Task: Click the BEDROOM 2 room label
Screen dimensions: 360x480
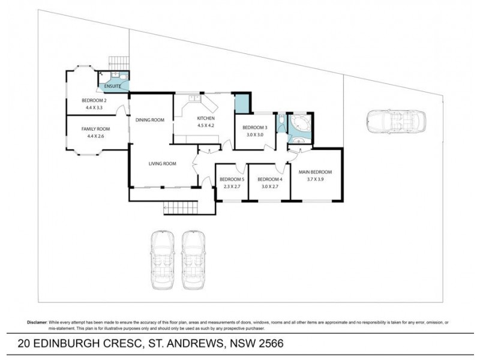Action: [x=94, y=100]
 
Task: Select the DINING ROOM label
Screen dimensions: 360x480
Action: [x=149, y=120]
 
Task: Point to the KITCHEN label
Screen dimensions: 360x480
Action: [x=206, y=118]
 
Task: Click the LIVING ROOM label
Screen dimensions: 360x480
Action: [x=162, y=163]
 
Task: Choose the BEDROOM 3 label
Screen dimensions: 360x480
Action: [x=254, y=127]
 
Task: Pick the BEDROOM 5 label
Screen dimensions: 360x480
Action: [x=232, y=179]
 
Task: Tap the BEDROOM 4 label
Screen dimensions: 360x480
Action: [x=269, y=179]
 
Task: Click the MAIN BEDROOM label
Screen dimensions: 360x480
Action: [x=315, y=172]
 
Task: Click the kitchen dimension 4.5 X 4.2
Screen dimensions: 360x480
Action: [x=206, y=126]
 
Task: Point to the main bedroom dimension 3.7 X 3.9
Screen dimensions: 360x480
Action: [x=315, y=179]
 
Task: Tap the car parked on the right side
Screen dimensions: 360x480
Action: [x=396, y=122]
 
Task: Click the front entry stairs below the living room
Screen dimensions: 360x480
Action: [x=179, y=208]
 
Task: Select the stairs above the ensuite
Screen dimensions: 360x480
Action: [x=118, y=64]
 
